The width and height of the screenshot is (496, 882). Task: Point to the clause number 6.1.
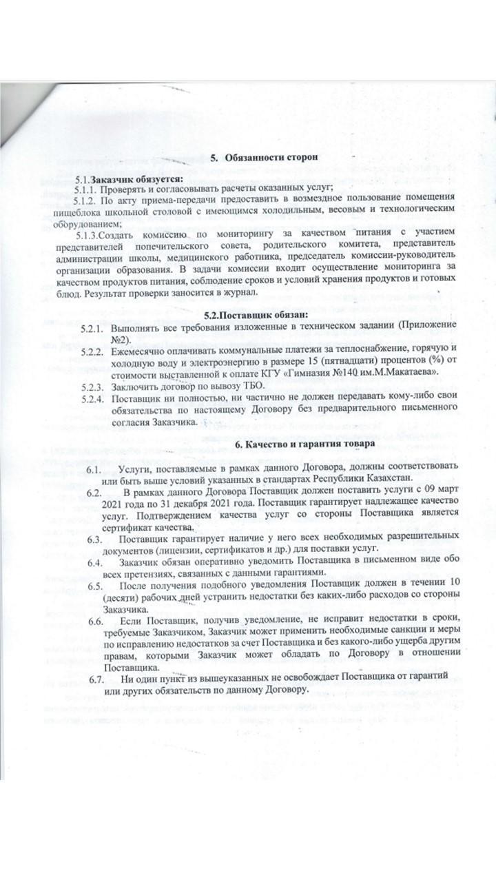coord(94,469)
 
